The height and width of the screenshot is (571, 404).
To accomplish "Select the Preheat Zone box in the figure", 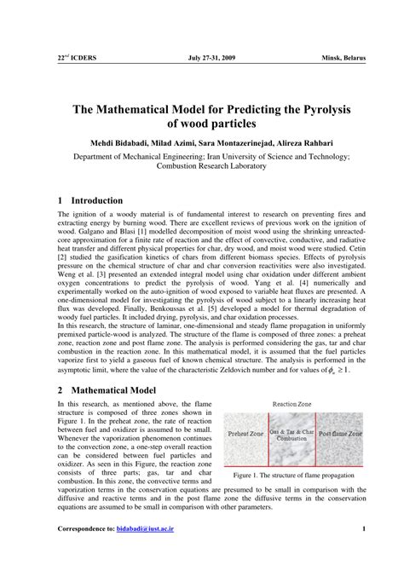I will (x=249, y=434).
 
